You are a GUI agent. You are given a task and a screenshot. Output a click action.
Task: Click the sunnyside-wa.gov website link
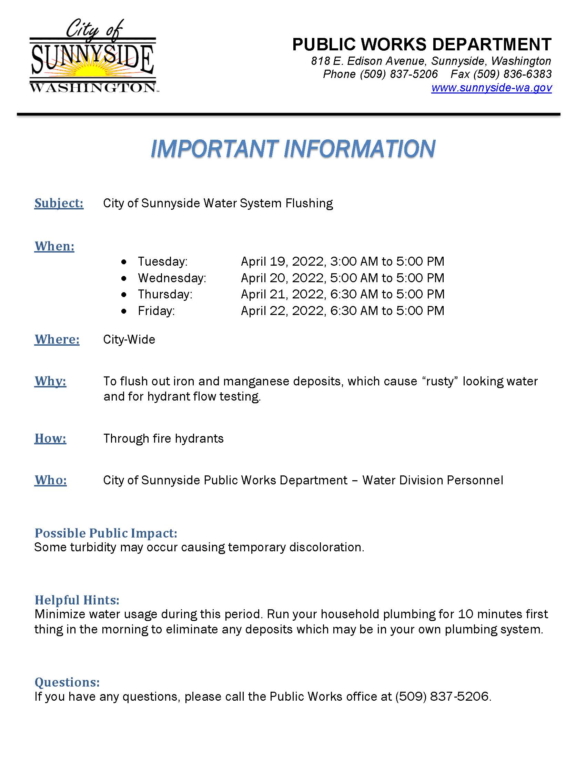pos(491,88)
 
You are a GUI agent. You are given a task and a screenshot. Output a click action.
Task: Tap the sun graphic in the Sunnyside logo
pos(93,71)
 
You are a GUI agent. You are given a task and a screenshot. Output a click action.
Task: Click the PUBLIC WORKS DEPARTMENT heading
pos(422,45)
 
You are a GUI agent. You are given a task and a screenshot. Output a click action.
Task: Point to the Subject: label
pos(59,203)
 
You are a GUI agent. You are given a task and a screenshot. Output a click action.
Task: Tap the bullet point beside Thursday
pos(124,295)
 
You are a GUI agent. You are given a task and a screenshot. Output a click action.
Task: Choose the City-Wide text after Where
pos(129,339)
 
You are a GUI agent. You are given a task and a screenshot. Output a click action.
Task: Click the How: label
pos(50,438)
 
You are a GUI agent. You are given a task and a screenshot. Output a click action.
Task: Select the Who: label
pos(50,480)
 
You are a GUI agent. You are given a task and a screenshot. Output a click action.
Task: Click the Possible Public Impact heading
pos(106,533)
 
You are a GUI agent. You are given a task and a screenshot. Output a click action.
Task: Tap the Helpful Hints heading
pos(77,600)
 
